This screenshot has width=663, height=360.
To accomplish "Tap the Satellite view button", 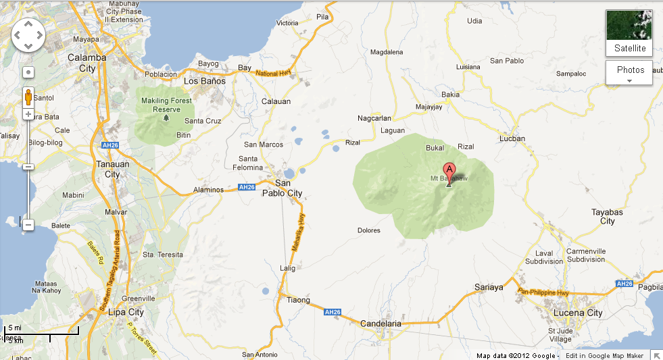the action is tap(629, 32).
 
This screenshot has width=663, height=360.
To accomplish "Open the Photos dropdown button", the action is tap(629, 73).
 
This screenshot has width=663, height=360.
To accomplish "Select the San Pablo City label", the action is tap(283, 188).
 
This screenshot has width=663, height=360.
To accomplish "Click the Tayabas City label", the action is tap(607, 216).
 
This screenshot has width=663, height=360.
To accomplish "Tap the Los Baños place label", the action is tap(204, 81).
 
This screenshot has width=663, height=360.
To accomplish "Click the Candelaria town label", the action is tap(380, 324).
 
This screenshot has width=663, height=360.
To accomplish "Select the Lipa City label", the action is tap(126, 312).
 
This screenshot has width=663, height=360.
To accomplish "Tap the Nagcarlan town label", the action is tap(374, 118).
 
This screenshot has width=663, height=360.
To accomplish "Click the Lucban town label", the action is tap(511, 138).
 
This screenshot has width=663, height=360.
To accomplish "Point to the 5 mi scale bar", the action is tap(41, 331).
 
